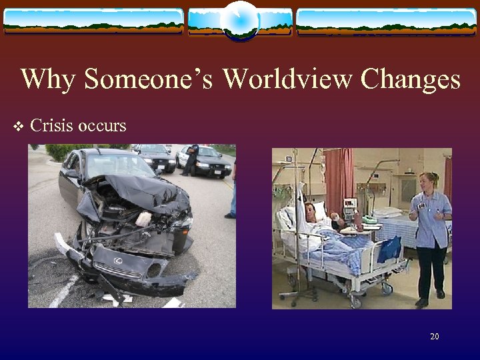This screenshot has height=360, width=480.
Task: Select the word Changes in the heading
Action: (x=411, y=80)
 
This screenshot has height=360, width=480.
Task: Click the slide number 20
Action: (x=434, y=337)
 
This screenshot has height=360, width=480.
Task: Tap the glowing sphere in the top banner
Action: (x=240, y=20)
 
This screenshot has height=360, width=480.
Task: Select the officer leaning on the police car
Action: (x=191, y=158)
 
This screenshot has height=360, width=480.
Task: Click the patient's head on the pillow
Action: (x=311, y=213)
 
